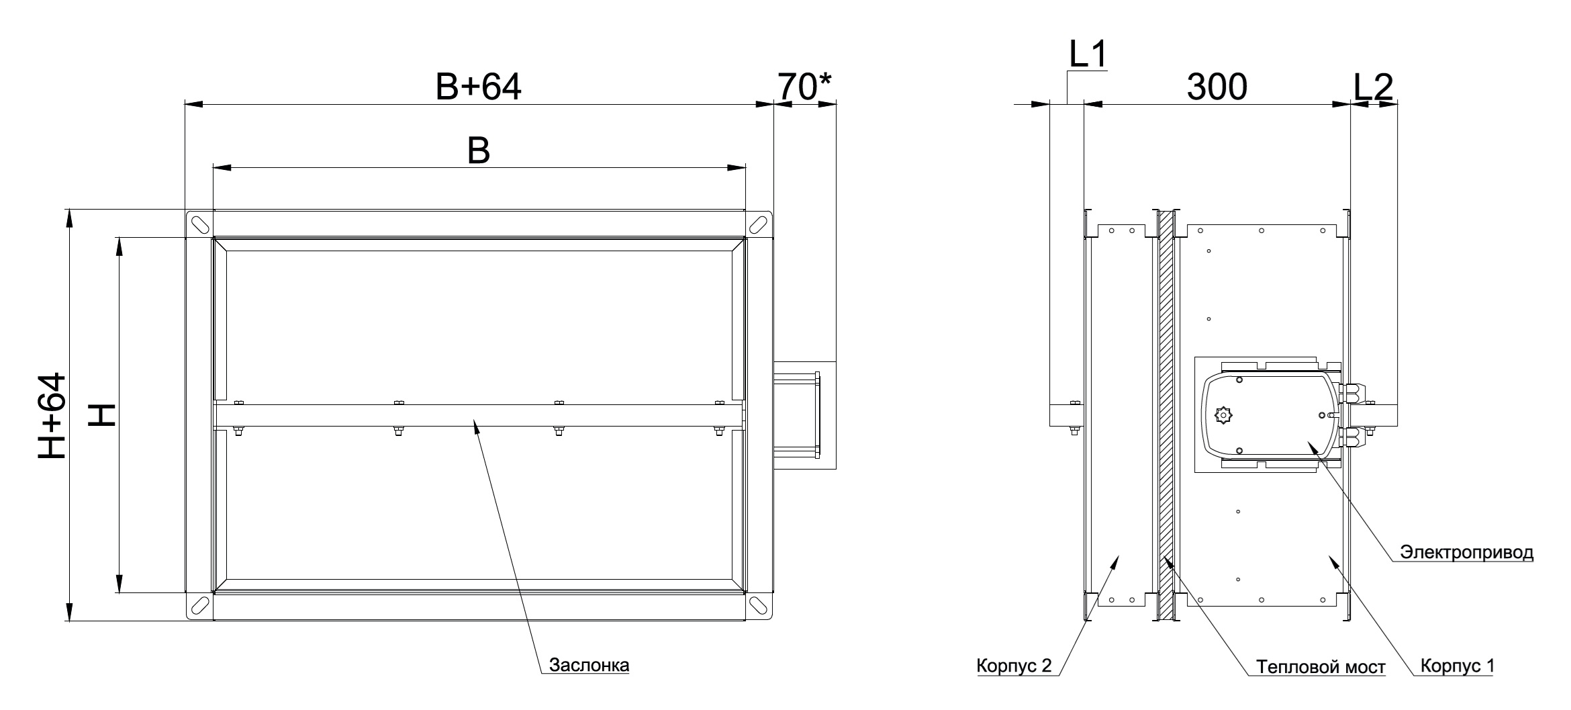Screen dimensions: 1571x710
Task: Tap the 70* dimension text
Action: click(x=805, y=87)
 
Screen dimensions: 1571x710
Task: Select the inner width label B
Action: click(x=479, y=152)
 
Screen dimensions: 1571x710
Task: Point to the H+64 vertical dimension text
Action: click(x=53, y=416)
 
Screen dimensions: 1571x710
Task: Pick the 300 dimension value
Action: click(x=1217, y=87)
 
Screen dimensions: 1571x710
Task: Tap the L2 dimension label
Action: click(x=1374, y=87)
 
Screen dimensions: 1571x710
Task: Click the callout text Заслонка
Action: click(x=589, y=665)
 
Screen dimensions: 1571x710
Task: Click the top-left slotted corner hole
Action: click(x=199, y=224)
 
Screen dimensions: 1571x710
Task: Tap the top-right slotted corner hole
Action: click(x=759, y=224)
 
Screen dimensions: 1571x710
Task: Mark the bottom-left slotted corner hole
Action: click(x=199, y=606)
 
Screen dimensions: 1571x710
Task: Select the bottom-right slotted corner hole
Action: click(x=759, y=606)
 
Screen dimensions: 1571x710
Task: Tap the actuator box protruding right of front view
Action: click(x=804, y=415)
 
